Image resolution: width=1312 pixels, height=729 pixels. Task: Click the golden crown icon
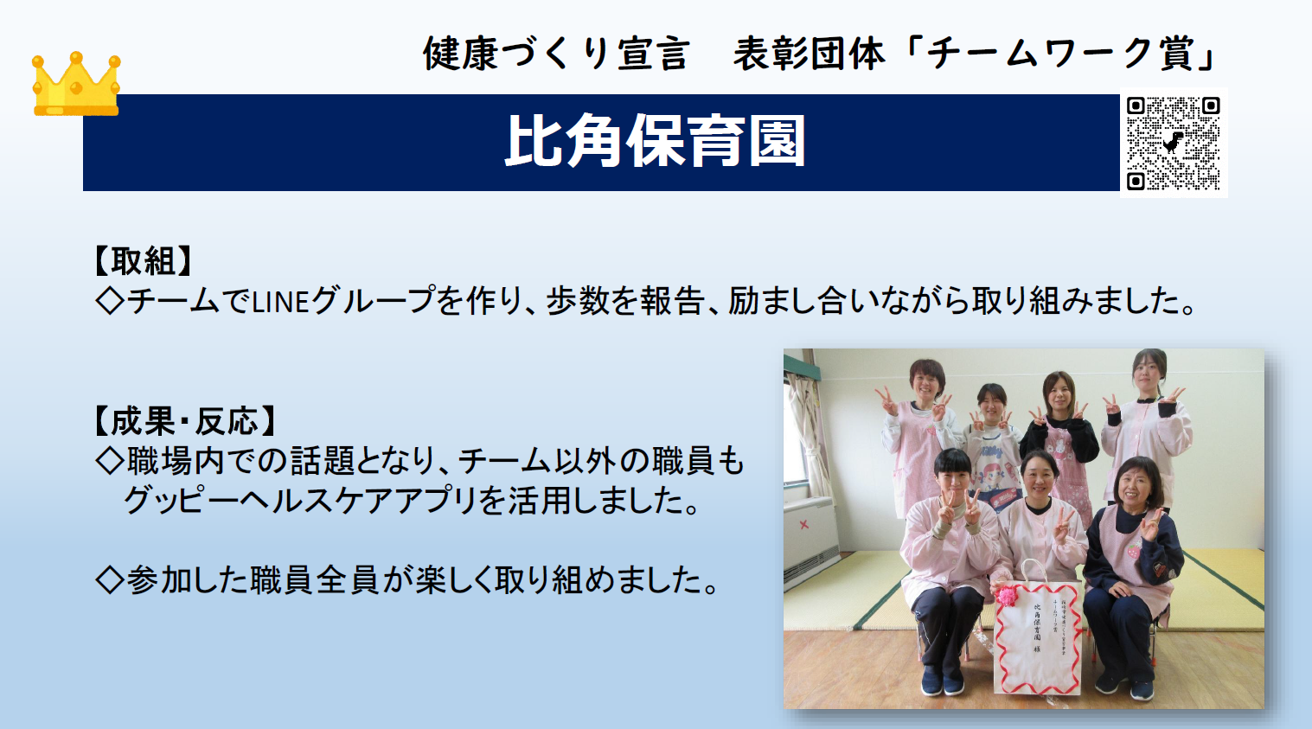[76, 85]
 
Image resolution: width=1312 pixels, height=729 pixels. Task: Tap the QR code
[1173, 143]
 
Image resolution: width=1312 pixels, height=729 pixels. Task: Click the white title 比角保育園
[655, 142]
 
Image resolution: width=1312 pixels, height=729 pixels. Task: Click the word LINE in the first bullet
[280, 302]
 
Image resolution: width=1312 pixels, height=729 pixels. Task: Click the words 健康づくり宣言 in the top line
[555, 54]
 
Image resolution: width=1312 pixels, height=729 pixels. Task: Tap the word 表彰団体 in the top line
[809, 54]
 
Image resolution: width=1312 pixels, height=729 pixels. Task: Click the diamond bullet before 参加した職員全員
[110, 579]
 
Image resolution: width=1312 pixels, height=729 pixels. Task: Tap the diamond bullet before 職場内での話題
[110, 461]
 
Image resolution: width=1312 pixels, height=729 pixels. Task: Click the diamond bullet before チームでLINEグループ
[110, 301]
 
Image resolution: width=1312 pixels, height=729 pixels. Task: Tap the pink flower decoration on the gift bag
[1006, 595]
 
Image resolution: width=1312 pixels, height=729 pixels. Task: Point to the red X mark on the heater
[804, 524]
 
